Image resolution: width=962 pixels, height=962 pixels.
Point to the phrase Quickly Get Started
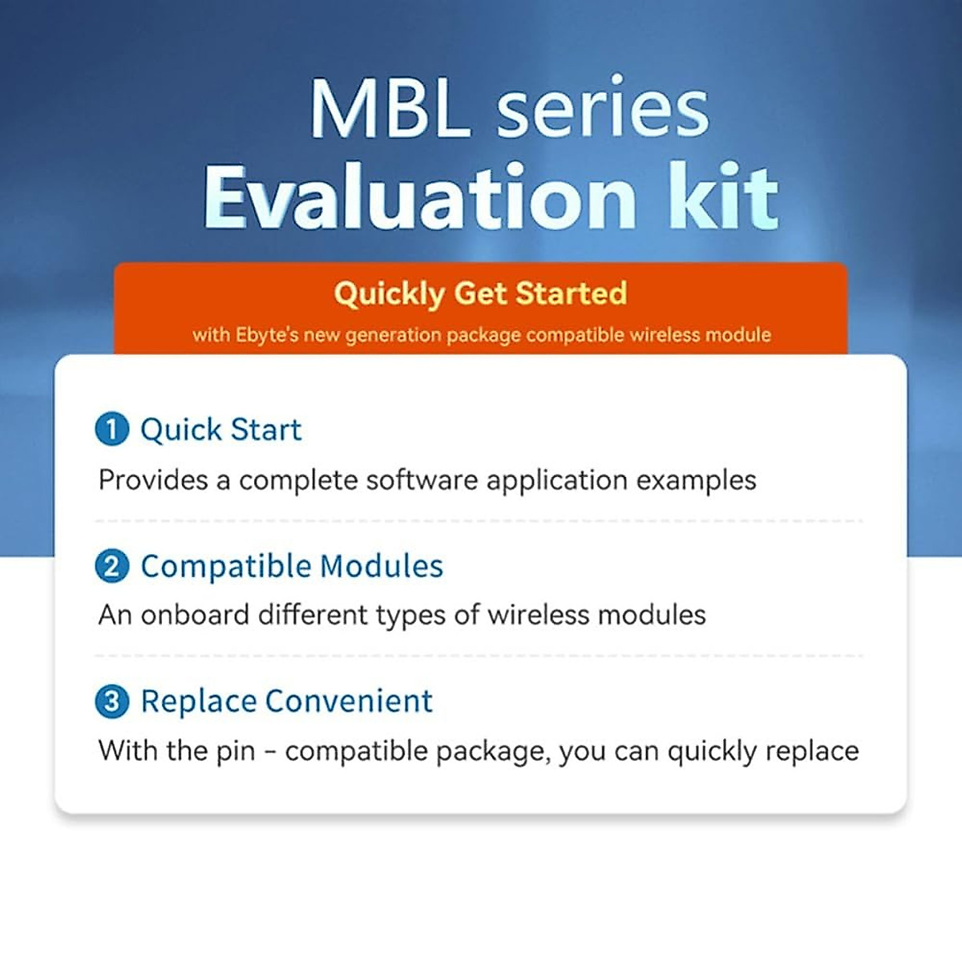click(480, 293)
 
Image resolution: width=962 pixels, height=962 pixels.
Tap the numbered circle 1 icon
click(111, 429)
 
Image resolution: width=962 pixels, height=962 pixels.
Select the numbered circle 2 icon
click(111, 566)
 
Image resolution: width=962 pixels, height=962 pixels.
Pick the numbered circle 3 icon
click(111, 701)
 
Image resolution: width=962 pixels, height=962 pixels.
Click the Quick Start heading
click(221, 430)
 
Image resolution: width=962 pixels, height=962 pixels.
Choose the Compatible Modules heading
click(292, 566)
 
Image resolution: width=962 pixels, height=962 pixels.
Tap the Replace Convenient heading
click(287, 701)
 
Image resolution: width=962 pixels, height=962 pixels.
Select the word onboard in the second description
click(195, 615)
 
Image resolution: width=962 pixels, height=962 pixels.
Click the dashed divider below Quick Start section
click(479, 521)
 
